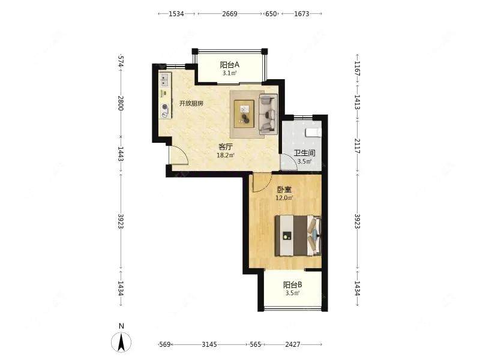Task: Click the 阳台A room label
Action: click(x=229, y=65)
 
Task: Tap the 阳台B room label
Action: click(x=292, y=285)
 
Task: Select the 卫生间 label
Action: click(x=304, y=153)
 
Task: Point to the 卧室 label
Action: click(x=284, y=190)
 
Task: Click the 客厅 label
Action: click(x=226, y=146)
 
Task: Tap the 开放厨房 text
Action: click(x=191, y=103)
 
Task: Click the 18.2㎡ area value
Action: click(x=226, y=155)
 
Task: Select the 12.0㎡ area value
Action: click(x=284, y=198)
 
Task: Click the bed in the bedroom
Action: click(x=298, y=235)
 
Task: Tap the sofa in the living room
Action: click(x=268, y=114)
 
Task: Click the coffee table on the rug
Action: click(x=244, y=113)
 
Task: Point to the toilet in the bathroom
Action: click(x=314, y=132)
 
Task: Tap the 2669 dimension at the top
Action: click(x=230, y=14)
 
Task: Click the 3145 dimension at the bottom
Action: click(x=209, y=344)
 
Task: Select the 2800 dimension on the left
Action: click(x=121, y=103)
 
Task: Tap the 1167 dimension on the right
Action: click(x=357, y=68)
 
